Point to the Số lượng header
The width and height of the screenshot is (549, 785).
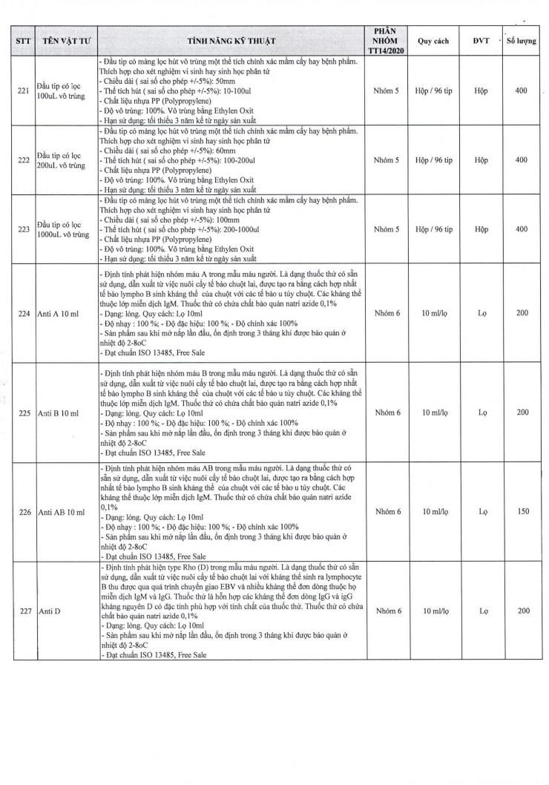click(521, 42)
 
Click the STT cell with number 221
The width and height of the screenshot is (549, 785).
click(23, 91)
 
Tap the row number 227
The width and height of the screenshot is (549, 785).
click(23, 611)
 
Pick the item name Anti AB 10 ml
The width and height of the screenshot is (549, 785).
click(60, 512)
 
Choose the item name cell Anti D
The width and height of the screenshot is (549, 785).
click(48, 611)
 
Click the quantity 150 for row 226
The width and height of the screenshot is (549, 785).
click(521, 512)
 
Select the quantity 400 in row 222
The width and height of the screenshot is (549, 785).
click(521, 160)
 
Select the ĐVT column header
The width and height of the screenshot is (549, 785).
click(481, 42)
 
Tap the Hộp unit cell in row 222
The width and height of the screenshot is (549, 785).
click(481, 160)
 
